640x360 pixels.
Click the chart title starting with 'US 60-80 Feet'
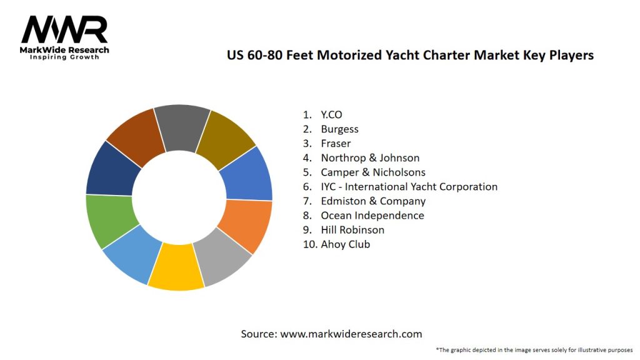point(409,55)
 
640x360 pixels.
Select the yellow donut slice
point(177,267)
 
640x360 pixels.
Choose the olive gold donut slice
point(224,139)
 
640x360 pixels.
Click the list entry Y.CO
point(331,114)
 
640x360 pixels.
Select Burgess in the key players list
point(339,129)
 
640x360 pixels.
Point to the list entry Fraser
point(336,143)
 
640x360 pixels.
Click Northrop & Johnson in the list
point(370,157)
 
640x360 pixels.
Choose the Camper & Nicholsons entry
point(372,172)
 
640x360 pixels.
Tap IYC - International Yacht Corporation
point(409,186)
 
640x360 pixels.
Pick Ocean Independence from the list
point(372,215)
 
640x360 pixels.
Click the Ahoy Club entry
point(345,244)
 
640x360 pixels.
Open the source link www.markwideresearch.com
point(351,334)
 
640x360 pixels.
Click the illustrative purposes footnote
point(534,349)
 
